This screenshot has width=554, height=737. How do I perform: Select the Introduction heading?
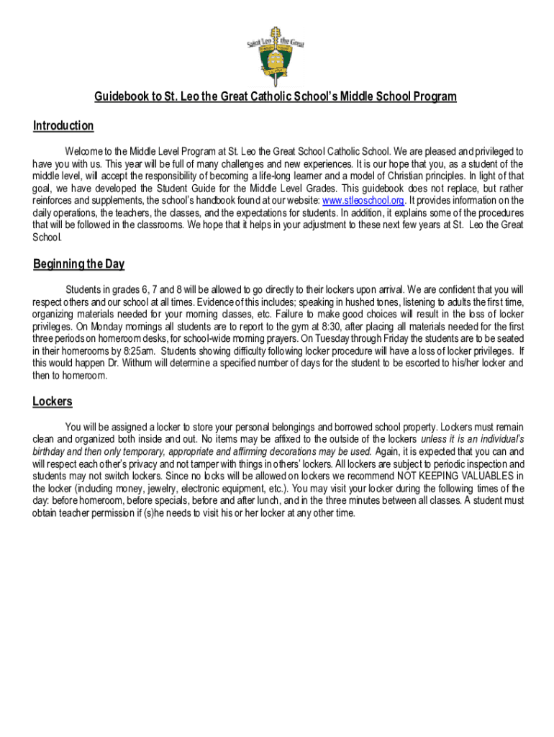[x=63, y=126]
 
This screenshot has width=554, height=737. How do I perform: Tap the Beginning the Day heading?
[x=78, y=264]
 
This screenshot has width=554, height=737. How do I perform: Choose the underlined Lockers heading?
[x=53, y=402]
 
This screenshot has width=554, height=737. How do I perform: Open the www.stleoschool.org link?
[x=363, y=200]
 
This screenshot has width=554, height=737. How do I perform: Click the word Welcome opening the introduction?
[x=84, y=152]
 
